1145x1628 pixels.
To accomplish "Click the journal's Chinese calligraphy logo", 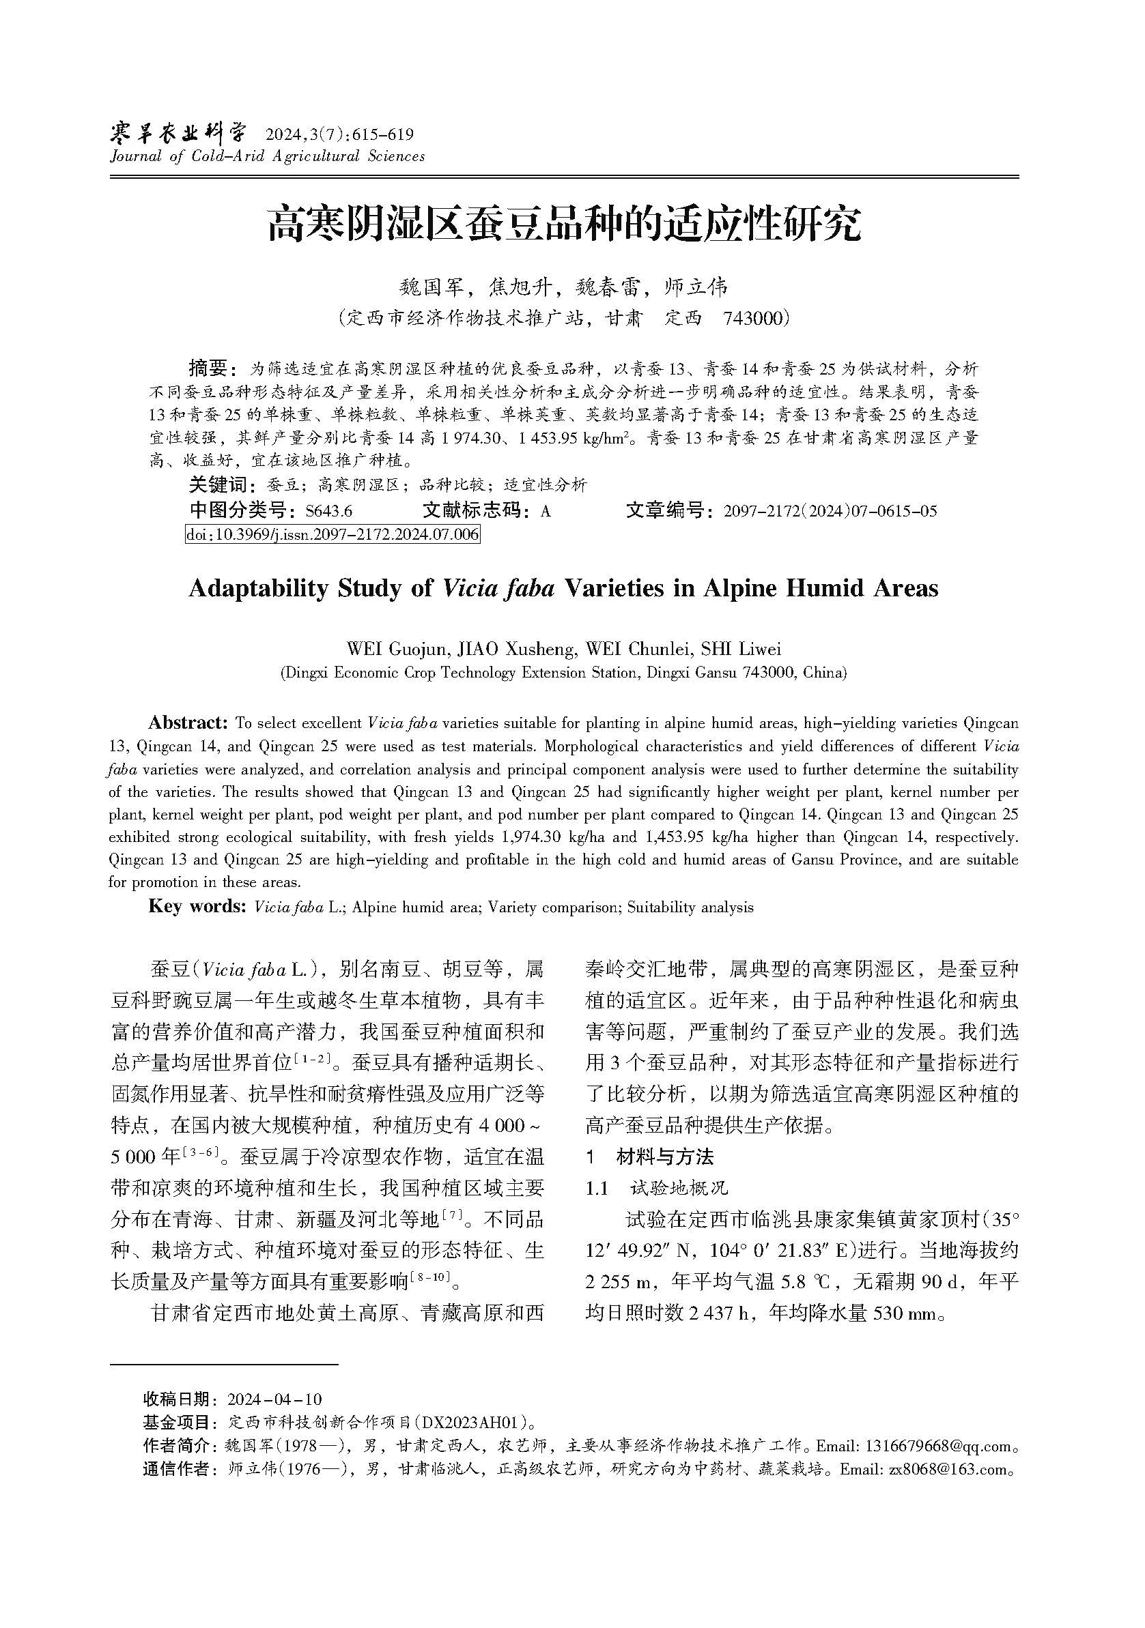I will (178, 132).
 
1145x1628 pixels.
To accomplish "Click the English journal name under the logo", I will (268, 157).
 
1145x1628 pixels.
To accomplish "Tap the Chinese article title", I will (564, 224).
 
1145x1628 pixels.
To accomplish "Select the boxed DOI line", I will (332, 534).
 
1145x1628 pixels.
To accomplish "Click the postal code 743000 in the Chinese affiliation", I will (752, 319).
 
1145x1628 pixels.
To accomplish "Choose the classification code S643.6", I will (328, 510).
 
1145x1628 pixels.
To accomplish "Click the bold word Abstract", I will (187, 723).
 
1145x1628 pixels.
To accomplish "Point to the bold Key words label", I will (197, 907).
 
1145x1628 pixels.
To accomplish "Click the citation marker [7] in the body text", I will (452, 1217).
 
